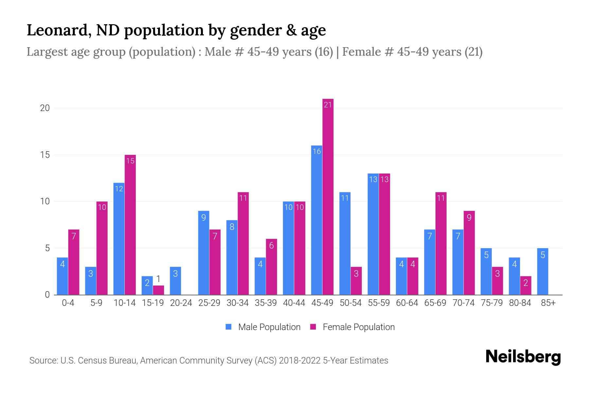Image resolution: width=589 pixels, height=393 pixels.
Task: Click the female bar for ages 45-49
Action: (x=328, y=196)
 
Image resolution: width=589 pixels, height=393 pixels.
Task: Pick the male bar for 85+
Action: (x=543, y=271)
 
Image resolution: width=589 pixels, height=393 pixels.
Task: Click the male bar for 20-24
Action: (x=175, y=281)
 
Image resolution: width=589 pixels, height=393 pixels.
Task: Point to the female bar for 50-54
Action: (x=356, y=281)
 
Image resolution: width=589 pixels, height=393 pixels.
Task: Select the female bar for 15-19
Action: (x=158, y=290)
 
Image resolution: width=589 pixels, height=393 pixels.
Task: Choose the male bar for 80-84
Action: (x=514, y=276)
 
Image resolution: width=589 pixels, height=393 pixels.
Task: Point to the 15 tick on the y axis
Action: (x=45, y=155)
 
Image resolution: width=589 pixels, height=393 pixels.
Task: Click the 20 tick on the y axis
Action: (x=45, y=108)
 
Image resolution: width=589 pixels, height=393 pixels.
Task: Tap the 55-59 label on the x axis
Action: (x=379, y=303)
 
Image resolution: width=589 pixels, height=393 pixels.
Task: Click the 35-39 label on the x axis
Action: (x=266, y=303)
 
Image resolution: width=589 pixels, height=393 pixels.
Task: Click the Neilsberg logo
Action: (x=523, y=357)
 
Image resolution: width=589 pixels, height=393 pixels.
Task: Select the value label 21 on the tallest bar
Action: (x=328, y=105)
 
